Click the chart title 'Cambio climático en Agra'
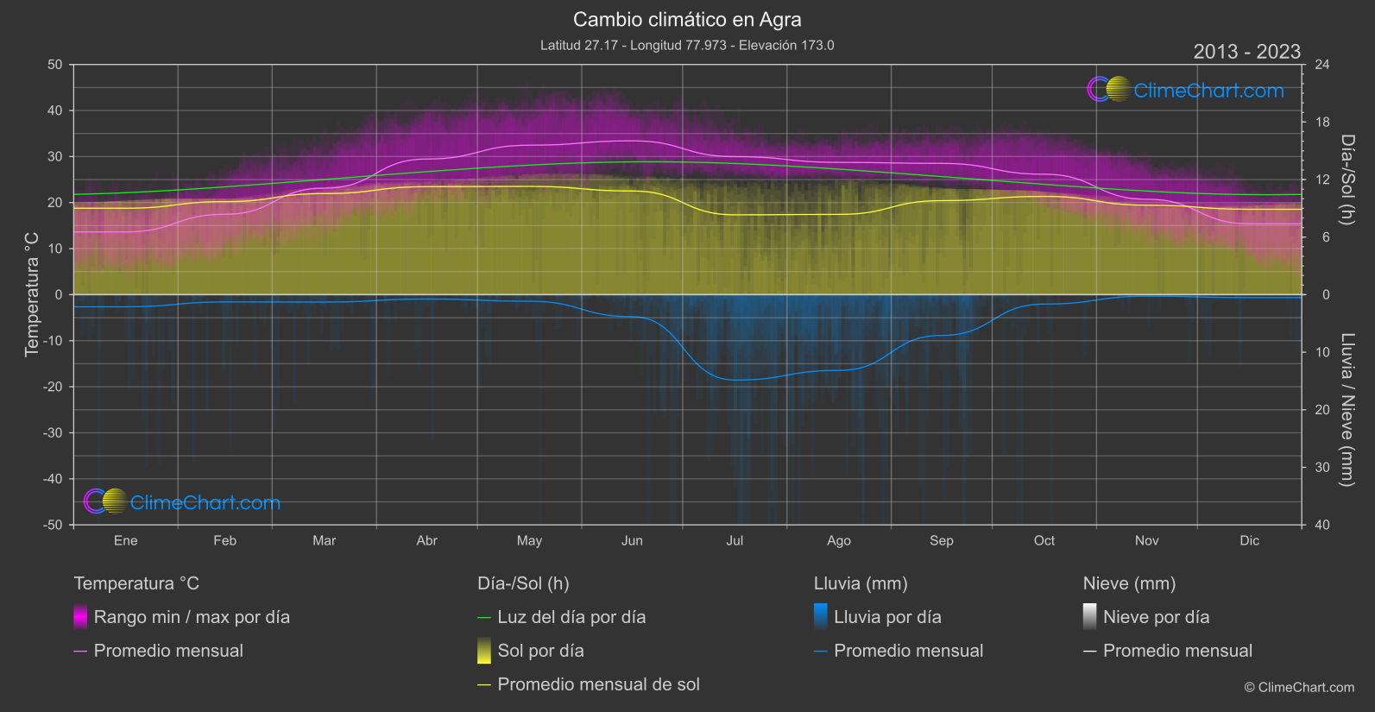[x=687, y=19]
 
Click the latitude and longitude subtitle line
[x=687, y=45]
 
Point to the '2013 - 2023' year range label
[x=1246, y=52]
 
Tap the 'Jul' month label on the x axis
[x=735, y=540]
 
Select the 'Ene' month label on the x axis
[x=126, y=540]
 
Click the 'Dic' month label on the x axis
[x=1249, y=540]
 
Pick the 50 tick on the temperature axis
[x=55, y=65]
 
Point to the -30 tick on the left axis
[x=54, y=433]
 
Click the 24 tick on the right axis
[x=1321, y=65]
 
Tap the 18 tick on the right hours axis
[x=1321, y=123]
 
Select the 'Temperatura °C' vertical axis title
[x=32, y=293]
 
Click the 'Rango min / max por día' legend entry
[x=192, y=617]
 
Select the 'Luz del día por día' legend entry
[x=571, y=617]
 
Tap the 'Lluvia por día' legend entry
[x=887, y=617]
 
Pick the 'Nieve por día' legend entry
[x=1156, y=617]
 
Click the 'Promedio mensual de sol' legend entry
[x=598, y=684]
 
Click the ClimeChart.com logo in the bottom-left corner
[x=182, y=502]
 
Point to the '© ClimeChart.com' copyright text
[x=1299, y=688]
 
